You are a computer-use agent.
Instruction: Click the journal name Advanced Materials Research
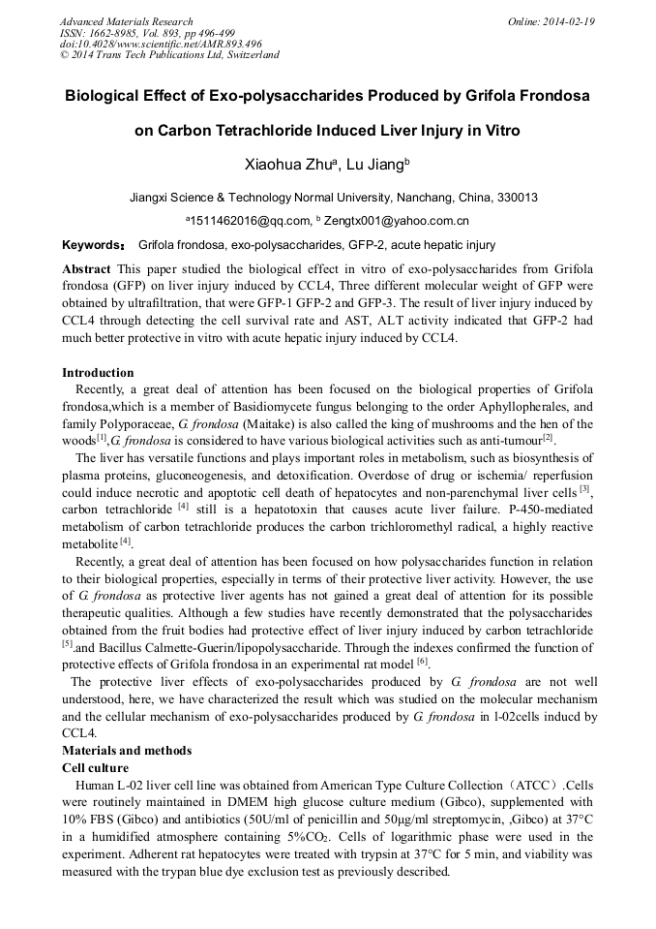[126, 21]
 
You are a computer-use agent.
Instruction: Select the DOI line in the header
[161, 44]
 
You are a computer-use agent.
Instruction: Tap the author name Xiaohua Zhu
[282, 166]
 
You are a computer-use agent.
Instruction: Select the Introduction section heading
[98, 373]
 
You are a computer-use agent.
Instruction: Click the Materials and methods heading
[127, 750]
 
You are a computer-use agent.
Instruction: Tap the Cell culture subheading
[96, 766]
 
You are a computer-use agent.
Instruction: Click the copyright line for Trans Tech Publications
[169, 55]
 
